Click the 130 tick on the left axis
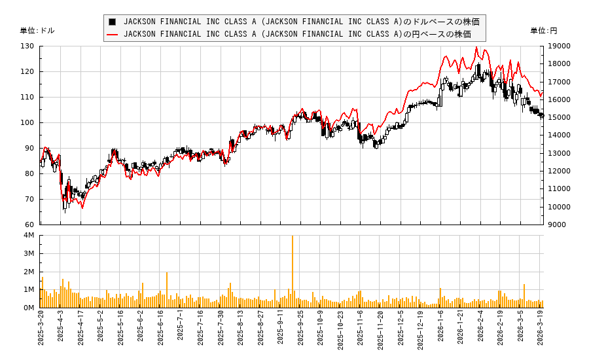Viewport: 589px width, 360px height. [x=27, y=46]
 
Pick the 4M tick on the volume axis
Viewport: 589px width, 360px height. [x=29, y=236]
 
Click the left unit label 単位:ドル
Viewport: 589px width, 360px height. [x=37, y=31]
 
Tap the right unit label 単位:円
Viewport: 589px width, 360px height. [x=543, y=31]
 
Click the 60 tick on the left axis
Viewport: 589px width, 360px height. [x=29, y=225]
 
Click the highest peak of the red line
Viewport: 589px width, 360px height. [x=476, y=47]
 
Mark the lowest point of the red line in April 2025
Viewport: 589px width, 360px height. [x=82, y=207]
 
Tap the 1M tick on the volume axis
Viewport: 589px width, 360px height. [x=29, y=289]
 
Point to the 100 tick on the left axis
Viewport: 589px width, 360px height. [x=27, y=122]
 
